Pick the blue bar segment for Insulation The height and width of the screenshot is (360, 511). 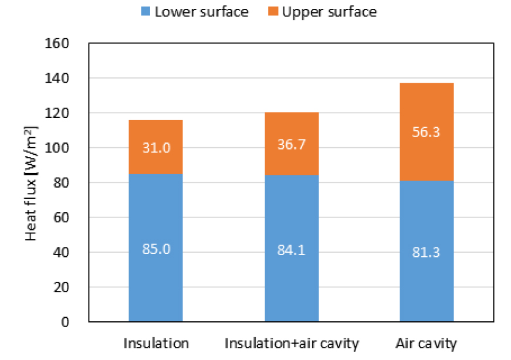point(155,276)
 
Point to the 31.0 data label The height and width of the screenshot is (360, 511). point(155,148)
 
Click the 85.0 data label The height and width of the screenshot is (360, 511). point(155,249)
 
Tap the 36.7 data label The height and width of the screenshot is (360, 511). point(292,145)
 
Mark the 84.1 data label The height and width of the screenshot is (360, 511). point(292,251)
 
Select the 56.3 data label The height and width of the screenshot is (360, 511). point(427,133)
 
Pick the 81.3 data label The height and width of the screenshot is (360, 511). point(427,253)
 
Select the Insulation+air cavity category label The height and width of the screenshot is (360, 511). point(292,344)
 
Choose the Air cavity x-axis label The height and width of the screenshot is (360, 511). point(427,344)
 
